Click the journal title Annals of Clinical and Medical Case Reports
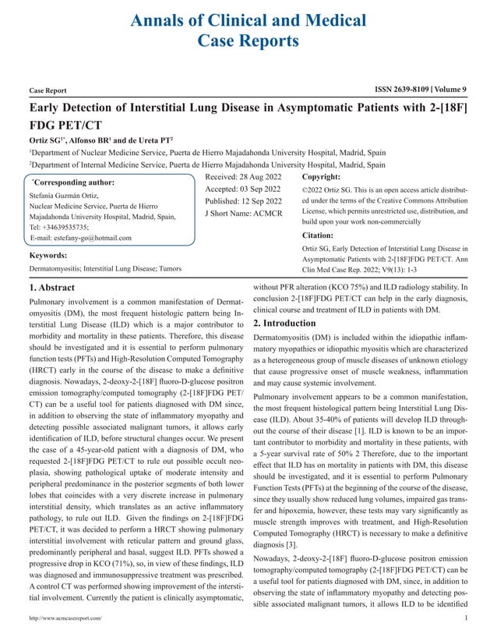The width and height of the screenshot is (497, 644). click(248, 26)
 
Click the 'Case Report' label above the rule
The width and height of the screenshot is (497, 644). click(48, 90)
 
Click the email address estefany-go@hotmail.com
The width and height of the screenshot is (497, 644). click(81, 238)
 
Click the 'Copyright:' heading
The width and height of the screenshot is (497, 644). click(323, 178)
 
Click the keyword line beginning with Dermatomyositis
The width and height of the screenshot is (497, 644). click(105, 268)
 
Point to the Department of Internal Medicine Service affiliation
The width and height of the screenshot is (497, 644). click(206, 165)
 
